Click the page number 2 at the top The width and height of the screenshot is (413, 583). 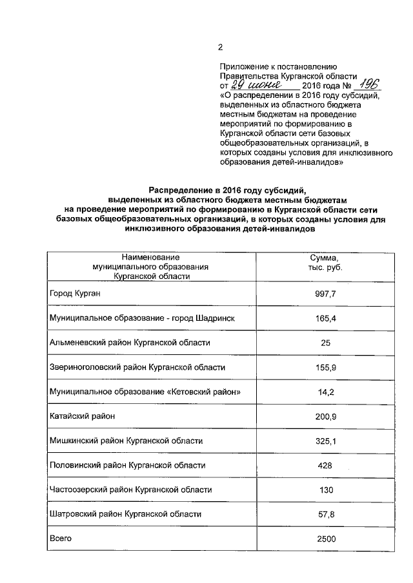220,47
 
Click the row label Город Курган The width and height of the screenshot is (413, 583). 76,294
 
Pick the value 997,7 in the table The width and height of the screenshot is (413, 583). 325,294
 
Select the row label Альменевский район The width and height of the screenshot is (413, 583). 129,343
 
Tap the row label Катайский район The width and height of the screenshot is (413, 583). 82,416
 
